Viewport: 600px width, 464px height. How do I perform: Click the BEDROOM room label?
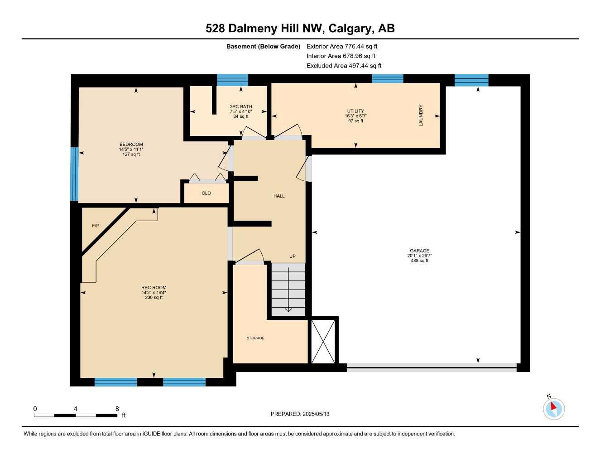coord(131,145)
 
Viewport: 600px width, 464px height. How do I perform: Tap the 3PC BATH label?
coord(241,106)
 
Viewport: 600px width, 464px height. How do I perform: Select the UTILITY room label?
coord(355,111)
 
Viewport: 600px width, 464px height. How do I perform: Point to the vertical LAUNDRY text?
coord(421,116)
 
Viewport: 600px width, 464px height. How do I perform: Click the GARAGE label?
coord(419,251)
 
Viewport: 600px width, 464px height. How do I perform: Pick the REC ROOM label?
coord(154,288)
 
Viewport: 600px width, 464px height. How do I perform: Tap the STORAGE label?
coord(255,338)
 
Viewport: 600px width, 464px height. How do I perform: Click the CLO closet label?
coord(206,193)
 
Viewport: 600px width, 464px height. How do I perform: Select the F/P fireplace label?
coord(96,226)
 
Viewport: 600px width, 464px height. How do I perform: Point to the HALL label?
coord(279,196)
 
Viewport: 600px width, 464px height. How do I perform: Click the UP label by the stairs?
coord(293,256)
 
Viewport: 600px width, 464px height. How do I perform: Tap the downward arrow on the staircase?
coord(288,290)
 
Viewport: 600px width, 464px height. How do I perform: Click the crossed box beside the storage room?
coord(323,341)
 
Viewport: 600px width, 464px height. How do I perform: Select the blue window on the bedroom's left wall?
coord(75,174)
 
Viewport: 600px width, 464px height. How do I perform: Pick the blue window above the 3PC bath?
coord(232,80)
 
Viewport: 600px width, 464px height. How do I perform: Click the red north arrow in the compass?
coord(553,406)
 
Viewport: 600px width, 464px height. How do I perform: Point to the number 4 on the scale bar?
coord(75,409)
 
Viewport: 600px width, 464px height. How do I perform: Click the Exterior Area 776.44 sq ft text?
coord(342,46)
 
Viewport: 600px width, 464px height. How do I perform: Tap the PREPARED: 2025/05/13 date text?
coord(300,414)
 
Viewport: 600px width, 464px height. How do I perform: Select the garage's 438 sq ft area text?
coord(419,261)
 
